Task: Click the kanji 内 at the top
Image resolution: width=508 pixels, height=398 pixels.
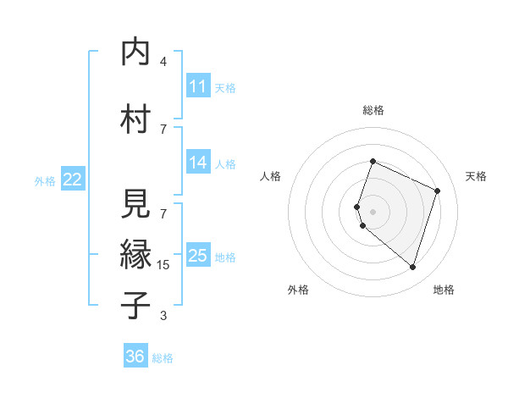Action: [x=135, y=53]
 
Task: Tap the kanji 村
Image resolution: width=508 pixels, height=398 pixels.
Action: [x=135, y=119]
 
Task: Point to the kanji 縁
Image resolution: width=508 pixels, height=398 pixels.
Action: [x=135, y=253]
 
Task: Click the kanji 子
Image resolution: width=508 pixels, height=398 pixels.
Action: [x=135, y=304]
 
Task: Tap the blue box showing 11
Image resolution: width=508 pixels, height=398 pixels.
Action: [x=198, y=86]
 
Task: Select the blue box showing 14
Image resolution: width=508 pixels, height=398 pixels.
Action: [x=198, y=163]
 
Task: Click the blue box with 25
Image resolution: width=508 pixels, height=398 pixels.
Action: [x=198, y=256]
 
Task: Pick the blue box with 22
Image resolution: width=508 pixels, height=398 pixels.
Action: [x=73, y=180]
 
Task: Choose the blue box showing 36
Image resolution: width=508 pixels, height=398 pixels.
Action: [x=135, y=357]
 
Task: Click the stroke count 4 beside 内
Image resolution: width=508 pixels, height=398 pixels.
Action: [x=163, y=62]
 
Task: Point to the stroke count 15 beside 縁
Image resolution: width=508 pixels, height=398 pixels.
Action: [x=164, y=265]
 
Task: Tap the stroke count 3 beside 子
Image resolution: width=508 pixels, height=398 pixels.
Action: [x=163, y=316]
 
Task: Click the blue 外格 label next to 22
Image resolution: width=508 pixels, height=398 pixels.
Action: [x=45, y=180]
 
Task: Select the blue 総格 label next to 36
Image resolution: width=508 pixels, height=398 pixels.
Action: [x=163, y=358]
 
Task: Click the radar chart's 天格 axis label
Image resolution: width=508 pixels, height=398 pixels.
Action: [x=477, y=176]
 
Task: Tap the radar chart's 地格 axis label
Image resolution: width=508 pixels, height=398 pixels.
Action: [x=444, y=290]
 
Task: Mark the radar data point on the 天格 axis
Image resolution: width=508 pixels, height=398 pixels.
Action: [x=438, y=191]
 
